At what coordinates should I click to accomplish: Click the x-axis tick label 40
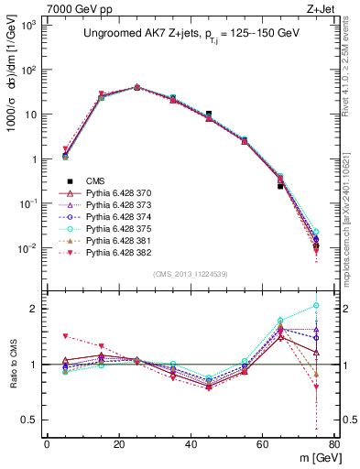pos(191,446)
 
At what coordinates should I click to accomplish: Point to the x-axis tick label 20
pos(118,446)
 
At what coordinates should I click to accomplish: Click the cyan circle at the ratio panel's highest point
pos(316,305)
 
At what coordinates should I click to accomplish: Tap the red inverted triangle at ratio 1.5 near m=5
pos(65,336)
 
